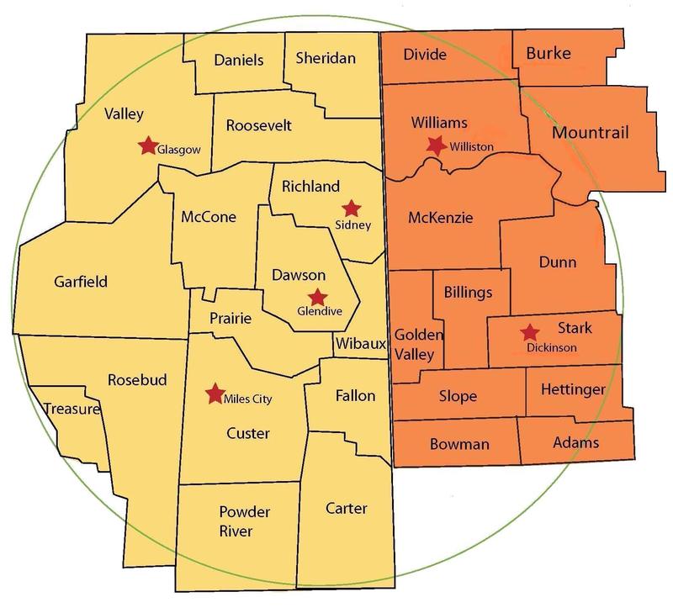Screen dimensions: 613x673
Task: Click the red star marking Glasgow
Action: point(148,145)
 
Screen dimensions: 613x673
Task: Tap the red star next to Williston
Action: point(436,145)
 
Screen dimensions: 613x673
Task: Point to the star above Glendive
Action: point(317,296)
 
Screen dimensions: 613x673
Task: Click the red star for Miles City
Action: point(215,392)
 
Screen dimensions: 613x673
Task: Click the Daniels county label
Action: point(239,60)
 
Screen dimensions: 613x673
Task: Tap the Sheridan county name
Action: point(326,58)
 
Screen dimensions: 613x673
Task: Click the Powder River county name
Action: point(224,521)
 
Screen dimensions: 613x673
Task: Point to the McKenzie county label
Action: point(440,218)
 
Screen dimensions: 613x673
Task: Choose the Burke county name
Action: point(548,54)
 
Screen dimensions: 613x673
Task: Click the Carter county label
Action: point(346,508)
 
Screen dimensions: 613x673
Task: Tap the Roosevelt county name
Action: point(259,125)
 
